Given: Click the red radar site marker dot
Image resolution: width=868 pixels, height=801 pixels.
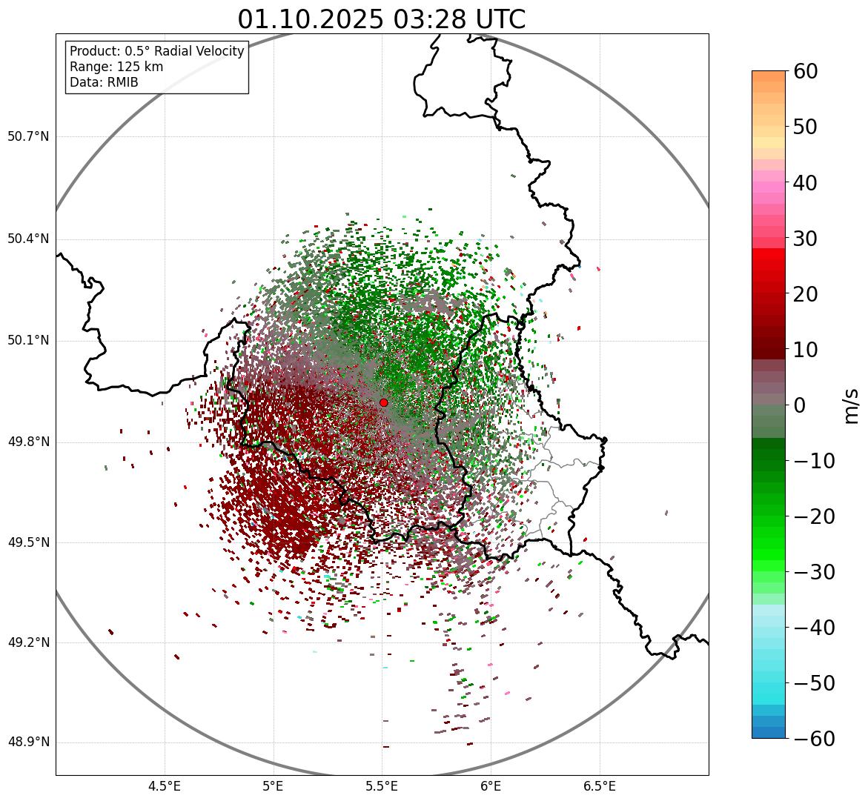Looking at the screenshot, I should pos(383,402).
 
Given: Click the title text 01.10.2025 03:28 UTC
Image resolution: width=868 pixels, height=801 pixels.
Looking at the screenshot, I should pos(382,19).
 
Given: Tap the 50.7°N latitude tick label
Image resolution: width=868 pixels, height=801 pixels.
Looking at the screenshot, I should pos(28,136).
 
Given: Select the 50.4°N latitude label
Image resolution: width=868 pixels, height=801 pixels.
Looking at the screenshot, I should pos(28,239).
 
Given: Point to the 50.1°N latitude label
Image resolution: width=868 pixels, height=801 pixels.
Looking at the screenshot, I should pos(28,341).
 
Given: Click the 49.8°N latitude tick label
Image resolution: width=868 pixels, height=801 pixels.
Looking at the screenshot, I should pos(28,442).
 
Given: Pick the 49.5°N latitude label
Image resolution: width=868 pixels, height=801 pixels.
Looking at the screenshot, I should pos(28,542).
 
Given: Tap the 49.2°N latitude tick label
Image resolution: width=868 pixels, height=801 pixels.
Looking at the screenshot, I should pos(28,642).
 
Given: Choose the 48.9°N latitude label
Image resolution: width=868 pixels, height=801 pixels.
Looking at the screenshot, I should pos(28,742).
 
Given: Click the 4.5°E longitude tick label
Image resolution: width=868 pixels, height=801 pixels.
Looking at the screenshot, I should pos(165,786).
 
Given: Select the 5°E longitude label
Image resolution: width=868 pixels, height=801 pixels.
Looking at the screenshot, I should pos(274,786).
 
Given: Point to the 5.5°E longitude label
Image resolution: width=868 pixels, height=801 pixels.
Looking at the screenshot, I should pos(382,786).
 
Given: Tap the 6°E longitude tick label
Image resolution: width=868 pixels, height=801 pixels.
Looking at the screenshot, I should pos(491,786).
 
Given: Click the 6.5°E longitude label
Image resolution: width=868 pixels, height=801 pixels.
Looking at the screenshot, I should pos(599,786).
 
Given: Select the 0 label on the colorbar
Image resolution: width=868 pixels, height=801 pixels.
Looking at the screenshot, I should pos(799,405).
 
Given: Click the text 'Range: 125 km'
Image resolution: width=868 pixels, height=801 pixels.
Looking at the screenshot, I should pos(116,67).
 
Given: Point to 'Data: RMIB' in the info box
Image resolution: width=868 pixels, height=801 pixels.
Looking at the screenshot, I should pos(104,82).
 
